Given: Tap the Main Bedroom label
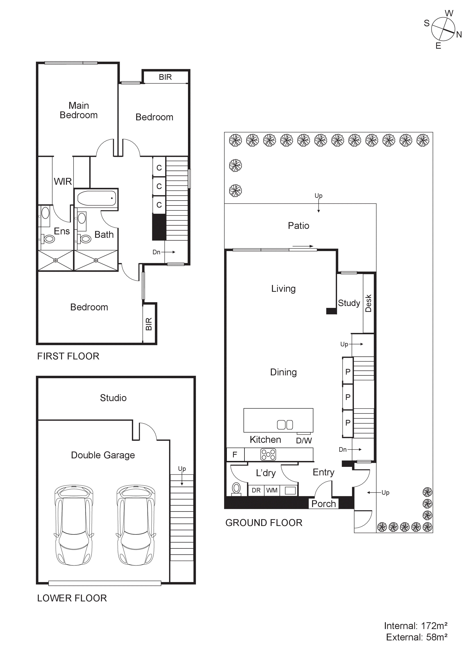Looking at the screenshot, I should pyautogui.click(x=78, y=110).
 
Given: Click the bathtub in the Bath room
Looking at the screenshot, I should pyautogui.click(x=97, y=198).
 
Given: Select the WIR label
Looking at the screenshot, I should pyautogui.click(x=63, y=182).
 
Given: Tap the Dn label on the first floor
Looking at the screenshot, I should pyautogui.click(x=156, y=252).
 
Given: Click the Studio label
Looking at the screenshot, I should pyautogui.click(x=113, y=398).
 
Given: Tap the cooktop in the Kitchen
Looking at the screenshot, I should pyautogui.click(x=268, y=455).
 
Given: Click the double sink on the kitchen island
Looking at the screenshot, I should pyautogui.click(x=285, y=425).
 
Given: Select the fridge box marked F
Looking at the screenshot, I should pyautogui.click(x=235, y=455).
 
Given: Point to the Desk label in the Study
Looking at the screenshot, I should pyautogui.click(x=368, y=303).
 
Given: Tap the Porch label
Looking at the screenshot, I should pyautogui.click(x=323, y=504).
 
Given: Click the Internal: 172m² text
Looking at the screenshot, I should pyautogui.click(x=416, y=626).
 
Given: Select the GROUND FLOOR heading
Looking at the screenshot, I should pyautogui.click(x=264, y=523).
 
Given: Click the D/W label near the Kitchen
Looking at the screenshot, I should pyautogui.click(x=304, y=441).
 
